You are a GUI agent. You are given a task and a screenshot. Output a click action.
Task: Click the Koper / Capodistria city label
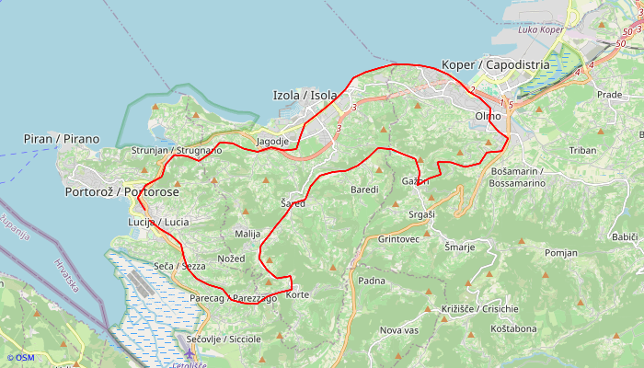click(496, 64)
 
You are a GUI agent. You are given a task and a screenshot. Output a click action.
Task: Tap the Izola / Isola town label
click(305, 95)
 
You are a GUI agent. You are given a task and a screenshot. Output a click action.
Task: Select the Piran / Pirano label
click(62, 139)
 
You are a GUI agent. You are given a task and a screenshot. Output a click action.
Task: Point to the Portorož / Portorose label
click(122, 192)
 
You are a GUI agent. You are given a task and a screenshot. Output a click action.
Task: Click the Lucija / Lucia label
click(158, 223)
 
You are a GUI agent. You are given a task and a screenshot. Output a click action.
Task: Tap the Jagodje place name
click(273, 142)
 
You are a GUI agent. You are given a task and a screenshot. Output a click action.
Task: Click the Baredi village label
click(364, 190)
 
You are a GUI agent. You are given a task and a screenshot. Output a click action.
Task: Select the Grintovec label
click(398, 239)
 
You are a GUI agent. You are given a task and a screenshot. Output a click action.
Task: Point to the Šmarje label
click(460, 247)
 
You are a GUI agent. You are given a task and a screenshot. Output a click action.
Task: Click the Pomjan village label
click(561, 252)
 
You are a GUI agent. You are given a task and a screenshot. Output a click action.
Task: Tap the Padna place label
click(372, 281)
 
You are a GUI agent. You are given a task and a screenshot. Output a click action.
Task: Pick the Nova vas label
click(399, 330)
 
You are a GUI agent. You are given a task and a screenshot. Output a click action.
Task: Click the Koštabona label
click(513, 328)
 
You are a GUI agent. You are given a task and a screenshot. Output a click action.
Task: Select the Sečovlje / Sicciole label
click(224, 339)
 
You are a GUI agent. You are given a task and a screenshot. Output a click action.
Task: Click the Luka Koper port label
click(541, 30)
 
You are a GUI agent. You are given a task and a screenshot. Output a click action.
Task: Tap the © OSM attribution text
click(20, 358)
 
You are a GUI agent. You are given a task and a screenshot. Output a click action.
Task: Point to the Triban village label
click(583, 150)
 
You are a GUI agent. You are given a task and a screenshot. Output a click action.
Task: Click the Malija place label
click(248, 235)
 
